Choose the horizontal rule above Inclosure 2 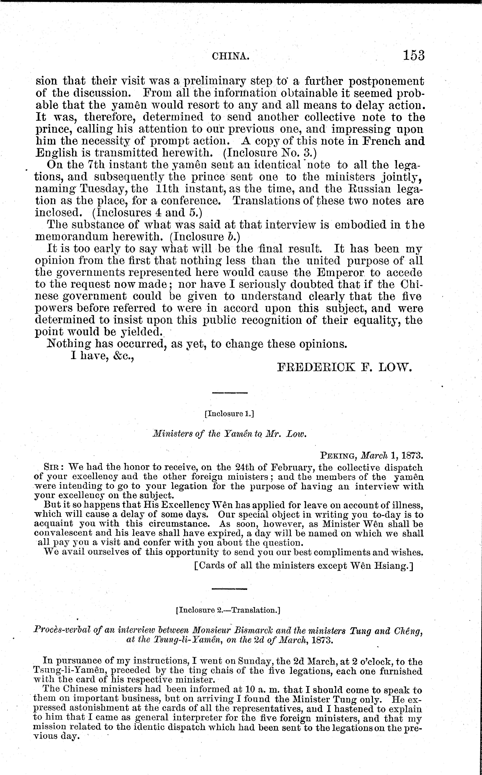[230, 588]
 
